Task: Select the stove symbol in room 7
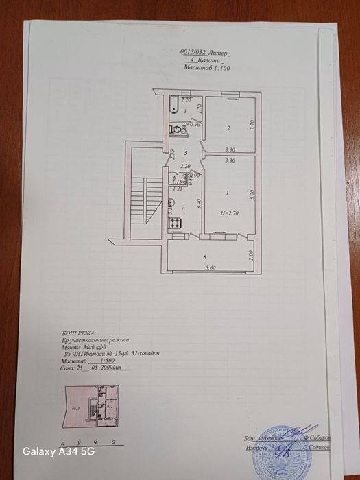pos(175,221)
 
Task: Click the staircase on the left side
pos(141,200)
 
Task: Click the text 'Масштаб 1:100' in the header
pos(207,69)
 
